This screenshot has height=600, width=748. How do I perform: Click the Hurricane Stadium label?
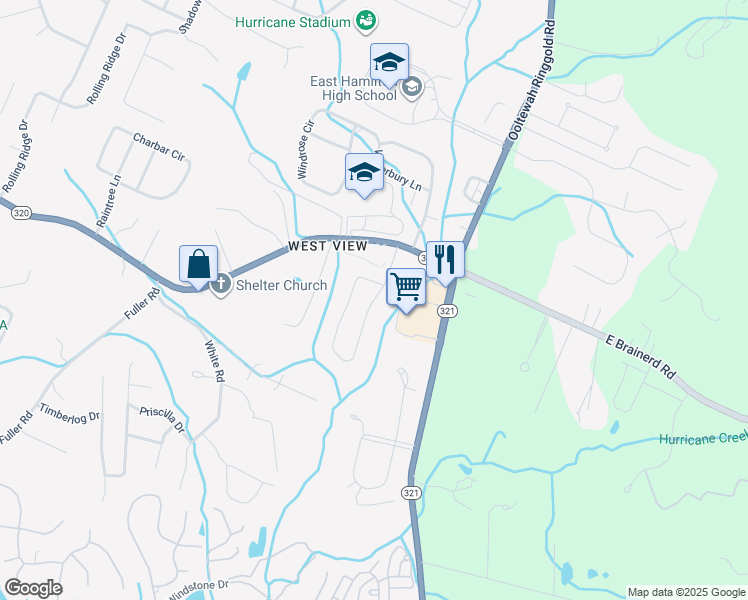[292, 22]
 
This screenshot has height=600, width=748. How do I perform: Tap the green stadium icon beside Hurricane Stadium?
[366, 21]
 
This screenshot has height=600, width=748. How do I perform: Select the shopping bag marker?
[198, 265]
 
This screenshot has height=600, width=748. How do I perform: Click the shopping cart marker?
[406, 287]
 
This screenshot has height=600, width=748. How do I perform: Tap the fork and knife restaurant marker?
[445, 260]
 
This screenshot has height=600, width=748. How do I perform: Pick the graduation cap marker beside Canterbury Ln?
[364, 173]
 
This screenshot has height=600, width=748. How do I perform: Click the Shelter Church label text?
[282, 285]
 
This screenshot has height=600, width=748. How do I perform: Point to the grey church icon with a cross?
[223, 284]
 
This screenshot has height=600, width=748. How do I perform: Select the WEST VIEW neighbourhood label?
[326, 246]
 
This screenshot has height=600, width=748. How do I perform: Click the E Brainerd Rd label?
[640, 355]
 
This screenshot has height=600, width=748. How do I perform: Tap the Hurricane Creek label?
[703, 439]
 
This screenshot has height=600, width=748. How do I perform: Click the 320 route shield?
[21, 213]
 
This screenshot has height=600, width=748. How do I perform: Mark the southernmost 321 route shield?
[411, 494]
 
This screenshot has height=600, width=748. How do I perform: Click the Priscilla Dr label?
[163, 420]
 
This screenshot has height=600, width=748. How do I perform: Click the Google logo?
[33, 588]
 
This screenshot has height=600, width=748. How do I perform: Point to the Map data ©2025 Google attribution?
[685, 592]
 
